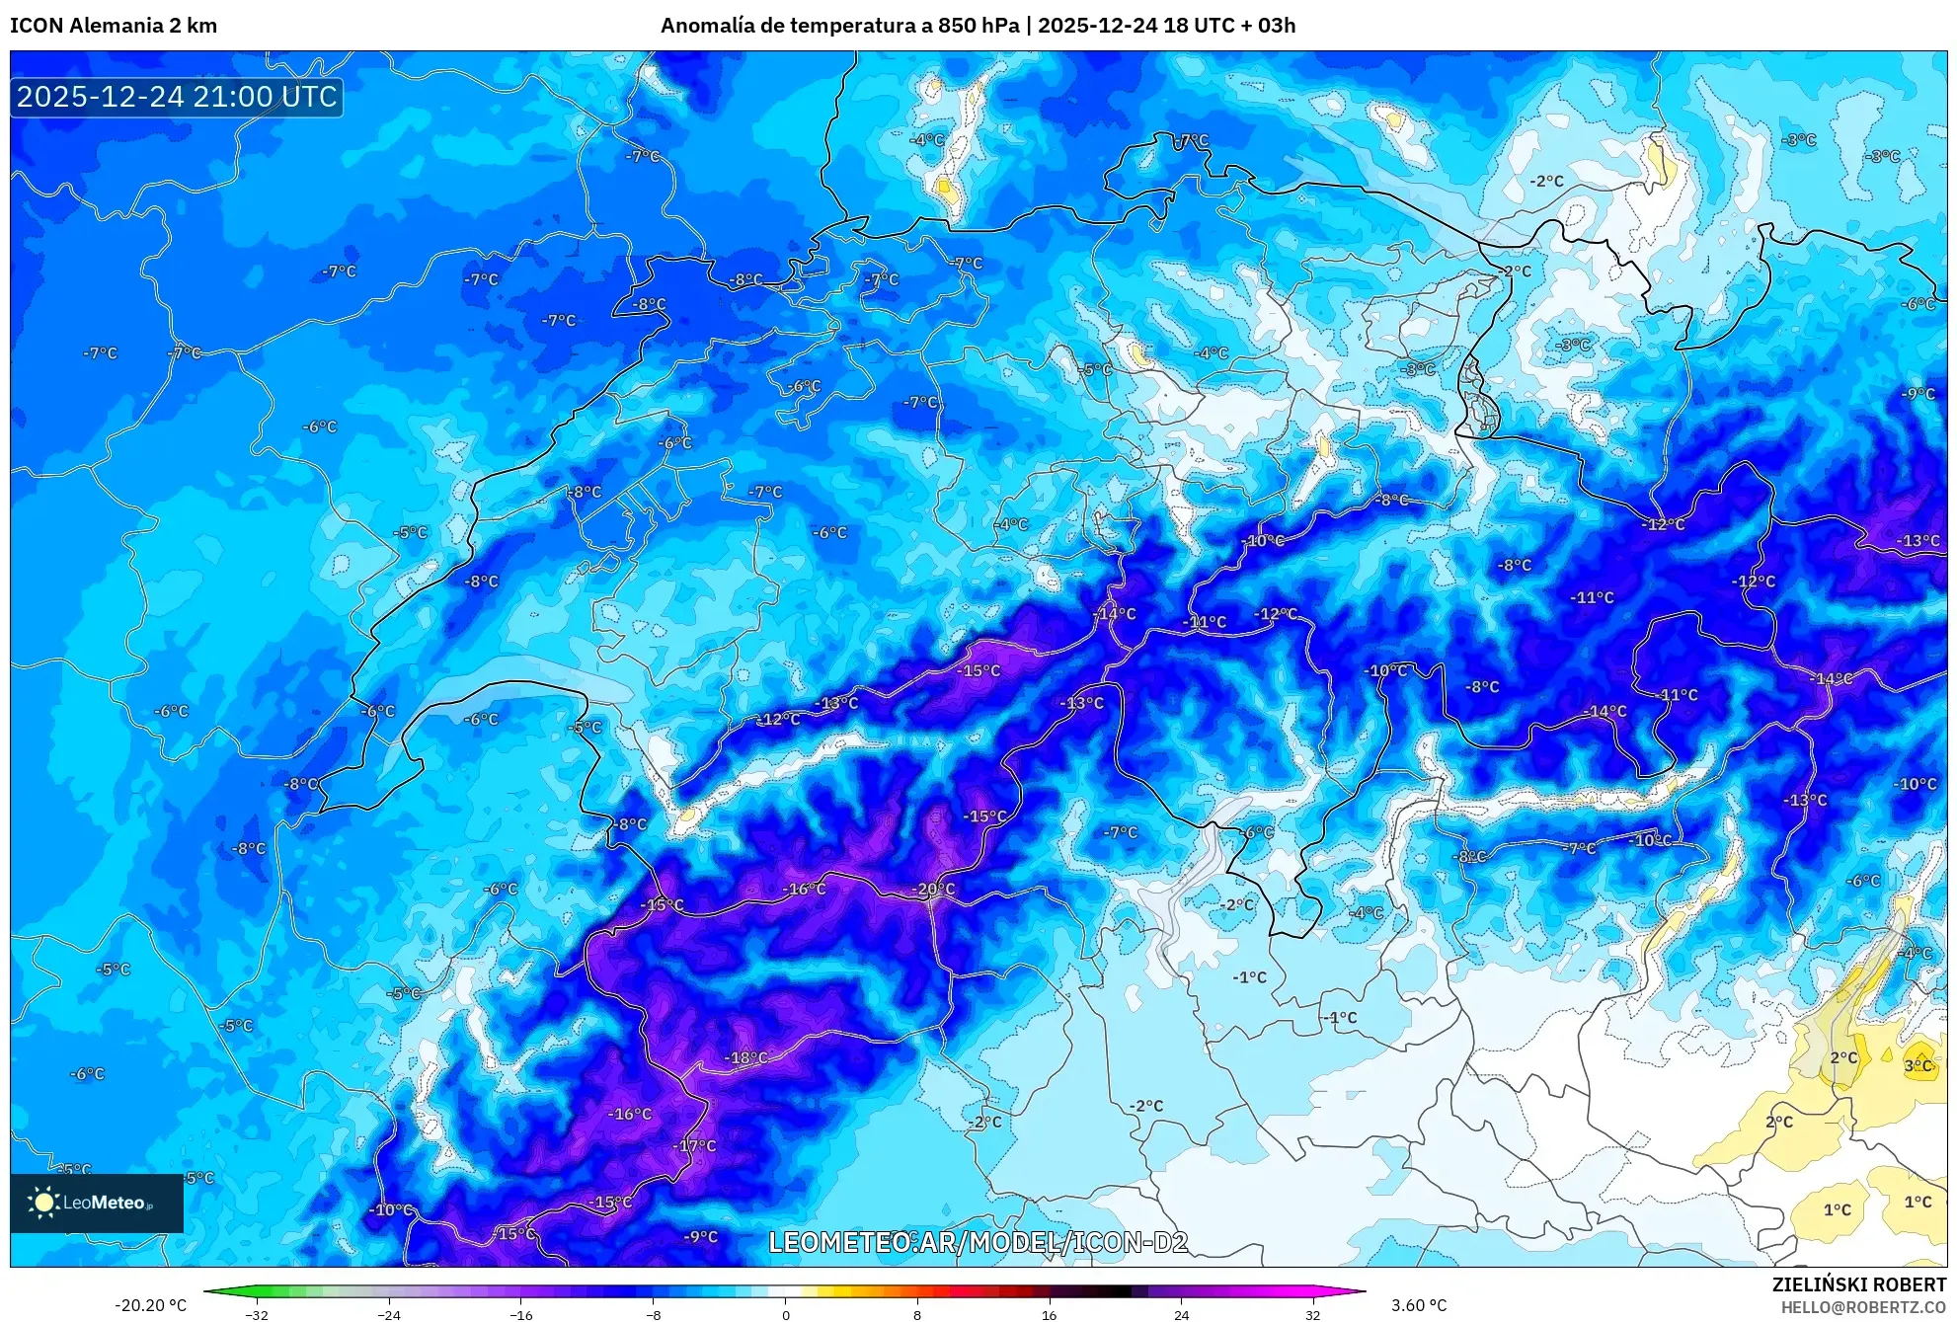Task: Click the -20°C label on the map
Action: click(x=934, y=889)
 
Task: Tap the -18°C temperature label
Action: click(x=746, y=1057)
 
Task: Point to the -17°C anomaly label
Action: click(x=695, y=1145)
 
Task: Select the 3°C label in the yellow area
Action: click(x=1918, y=1065)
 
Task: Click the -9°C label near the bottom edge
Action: click(x=701, y=1236)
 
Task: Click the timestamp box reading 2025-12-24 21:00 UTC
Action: click(x=177, y=97)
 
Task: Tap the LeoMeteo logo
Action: click(x=97, y=1203)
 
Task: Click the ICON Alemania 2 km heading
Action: click(x=114, y=26)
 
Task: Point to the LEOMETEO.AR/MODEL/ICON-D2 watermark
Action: click(x=978, y=1242)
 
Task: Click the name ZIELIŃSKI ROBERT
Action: click(x=1859, y=1284)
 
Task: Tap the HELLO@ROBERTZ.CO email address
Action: click(x=1863, y=1307)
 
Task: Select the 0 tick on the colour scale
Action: click(x=785, y=1314)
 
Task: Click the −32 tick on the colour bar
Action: click(x=257, y=1314)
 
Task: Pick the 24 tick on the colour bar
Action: click(x=1181, y=1314)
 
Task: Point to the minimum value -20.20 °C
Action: click(x=150, y=1305)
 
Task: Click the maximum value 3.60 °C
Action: click(x=1419, y=1305)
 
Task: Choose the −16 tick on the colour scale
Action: click(x=520, y=1314)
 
